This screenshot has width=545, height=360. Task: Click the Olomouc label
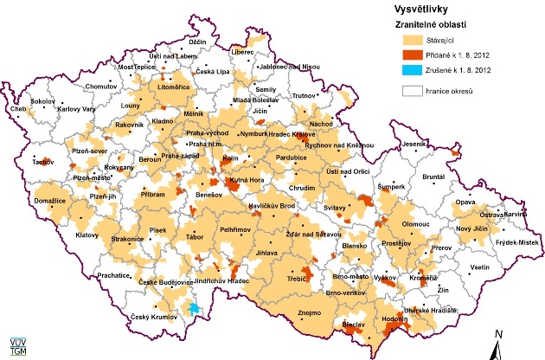tap(416, 223)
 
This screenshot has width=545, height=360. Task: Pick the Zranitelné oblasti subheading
tap(427, 25)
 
